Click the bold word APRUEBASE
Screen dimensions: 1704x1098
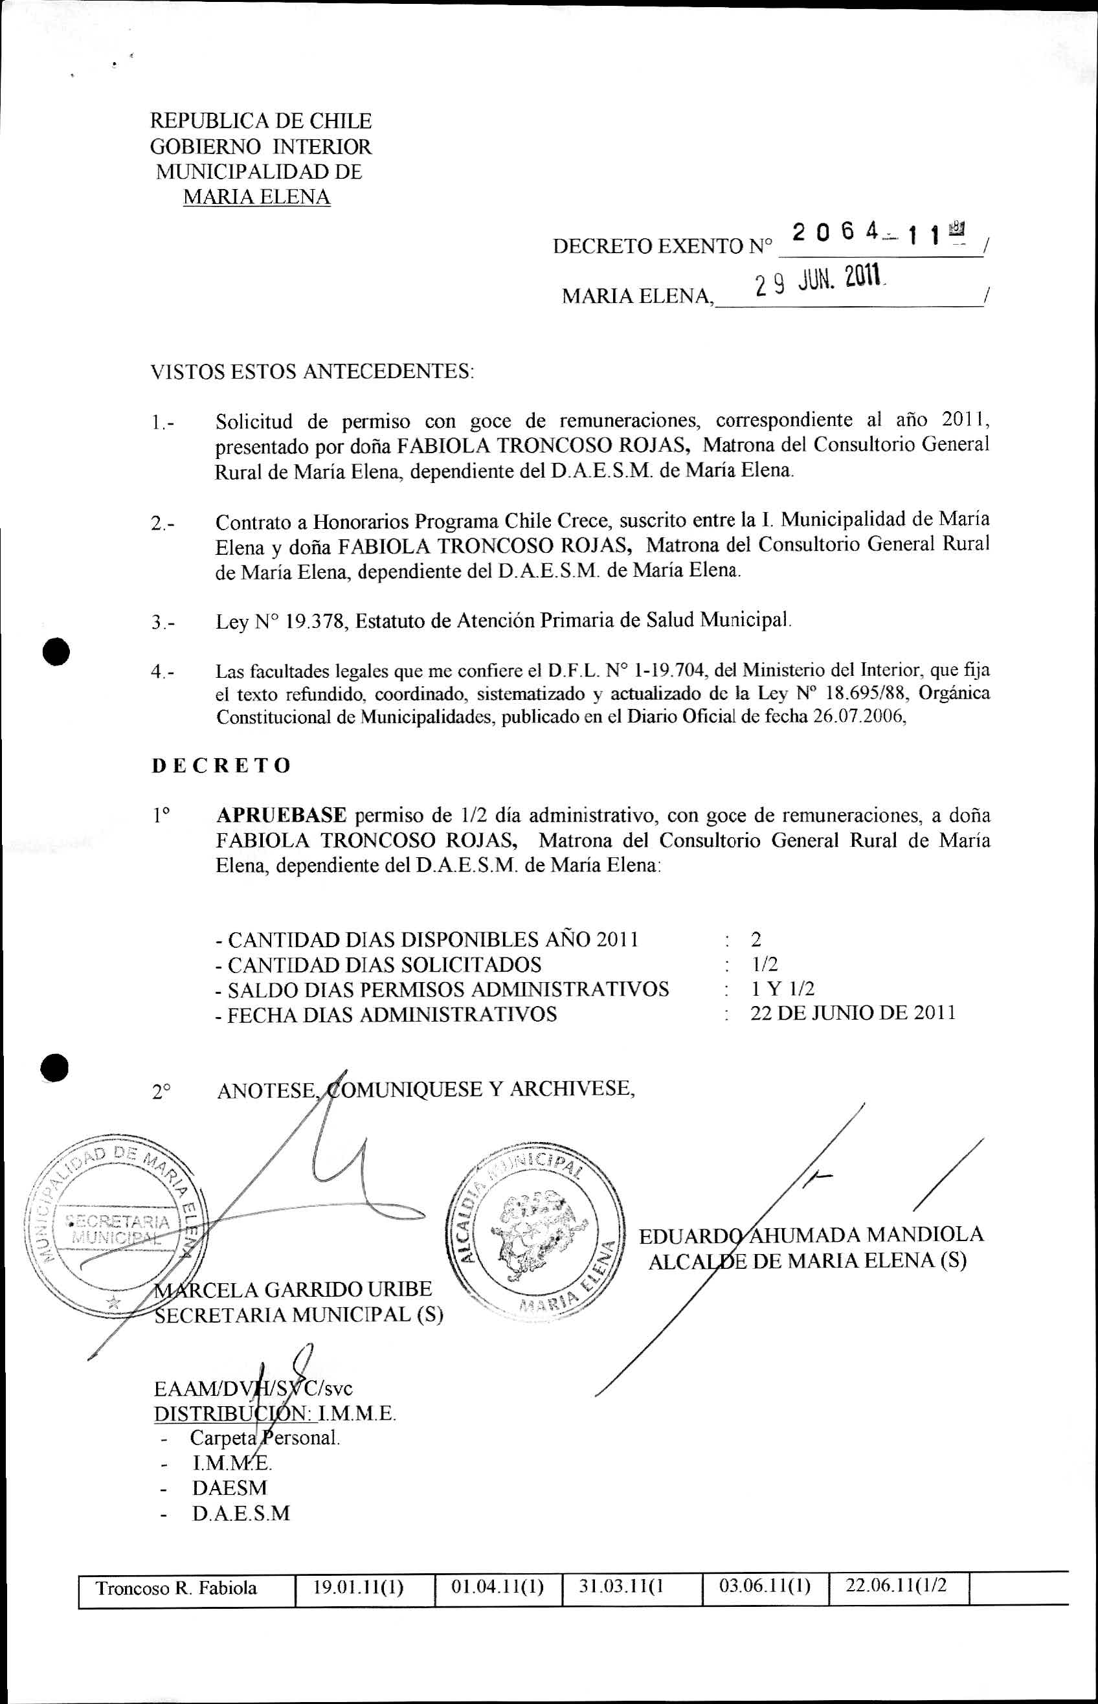pyautogui.click(x=282, y=815)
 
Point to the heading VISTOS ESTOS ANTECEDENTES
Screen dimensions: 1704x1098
pyautogui.click(x=311, y=372)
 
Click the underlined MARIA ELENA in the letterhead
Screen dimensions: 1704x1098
pyautogui.click(x=256, y=197)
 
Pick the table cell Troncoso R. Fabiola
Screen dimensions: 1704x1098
pyautogui.click(x=177, y=1589)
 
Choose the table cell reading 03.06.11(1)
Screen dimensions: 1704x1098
pyautogui.click(x=765, y=1587)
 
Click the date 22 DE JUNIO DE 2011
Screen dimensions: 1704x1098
pyautogui.click(x=853, y=1013)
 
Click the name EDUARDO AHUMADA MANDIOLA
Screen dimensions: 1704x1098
pyautogui.click(x=811, y=1235)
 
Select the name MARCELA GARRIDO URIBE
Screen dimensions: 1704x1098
pyautogui.click(x=294, y=1289)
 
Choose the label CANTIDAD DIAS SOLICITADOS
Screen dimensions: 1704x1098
pyautogui.click(x=383, y=965)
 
